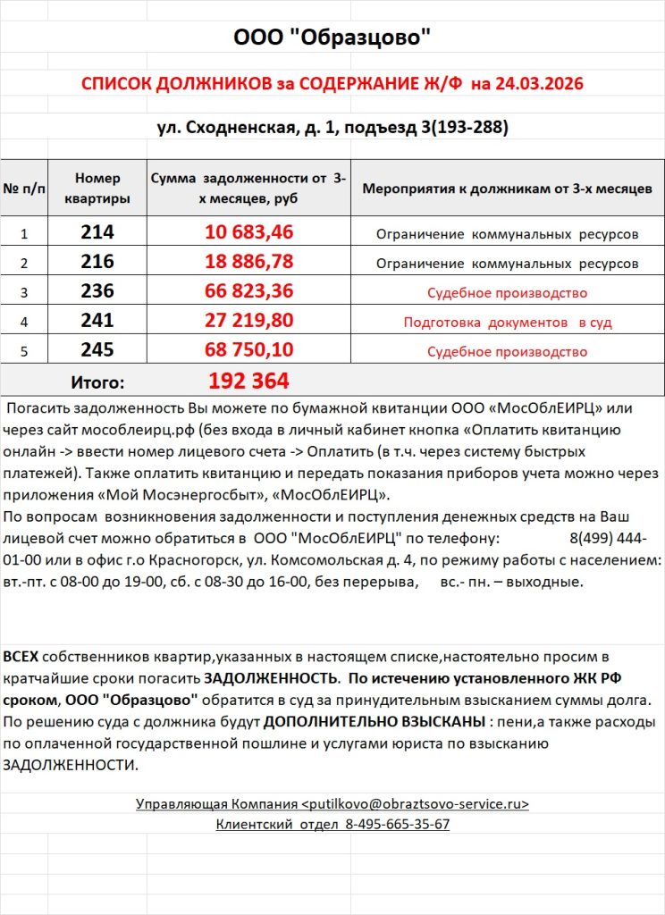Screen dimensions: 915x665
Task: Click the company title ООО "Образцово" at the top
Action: click(x=332, y=38)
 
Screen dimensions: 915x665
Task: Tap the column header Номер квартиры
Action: click(x=97, y=188)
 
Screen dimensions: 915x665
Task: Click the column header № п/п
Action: click(x=24, y=189)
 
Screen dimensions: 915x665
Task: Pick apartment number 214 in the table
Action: click(x=97, y=232)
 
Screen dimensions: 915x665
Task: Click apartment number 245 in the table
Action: click(x=97, y=350)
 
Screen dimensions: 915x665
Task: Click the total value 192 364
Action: click(x=249, y=382)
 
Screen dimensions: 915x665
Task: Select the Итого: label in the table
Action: click(x=97, y=382)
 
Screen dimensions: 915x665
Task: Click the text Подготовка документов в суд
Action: click(x=507, y=322)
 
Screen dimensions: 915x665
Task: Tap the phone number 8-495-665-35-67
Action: click(x=397, y=825)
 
